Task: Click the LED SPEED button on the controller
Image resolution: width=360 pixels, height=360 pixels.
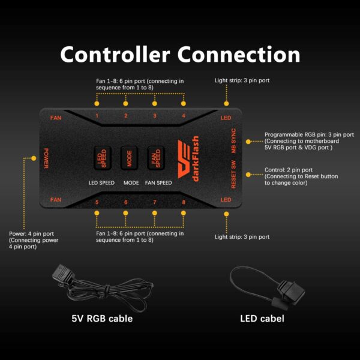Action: tap(103, 158)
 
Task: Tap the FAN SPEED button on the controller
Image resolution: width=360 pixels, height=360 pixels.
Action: tap(156, 158)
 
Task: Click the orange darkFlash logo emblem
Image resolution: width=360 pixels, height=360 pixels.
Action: tap(184, 159)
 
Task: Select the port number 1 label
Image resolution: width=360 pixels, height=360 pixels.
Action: tap(97, 116)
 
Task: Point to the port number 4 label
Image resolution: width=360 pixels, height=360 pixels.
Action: tap(184, 116)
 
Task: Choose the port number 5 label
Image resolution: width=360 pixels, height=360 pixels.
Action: tap(97, 202)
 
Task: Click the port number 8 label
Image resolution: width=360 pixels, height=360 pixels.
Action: tap(184, 202)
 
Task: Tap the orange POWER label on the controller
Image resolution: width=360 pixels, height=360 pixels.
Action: tap(46, 158)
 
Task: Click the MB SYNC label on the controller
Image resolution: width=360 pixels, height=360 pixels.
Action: tap(233, 141)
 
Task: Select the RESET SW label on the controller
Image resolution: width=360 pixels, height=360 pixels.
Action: tap(233, 174)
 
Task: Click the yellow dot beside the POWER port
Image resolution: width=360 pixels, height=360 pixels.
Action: tap(34, 158)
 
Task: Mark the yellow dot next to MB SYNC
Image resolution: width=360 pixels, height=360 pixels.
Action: tap(248, 142)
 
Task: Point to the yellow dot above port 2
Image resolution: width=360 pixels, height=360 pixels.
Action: tap(125, 104)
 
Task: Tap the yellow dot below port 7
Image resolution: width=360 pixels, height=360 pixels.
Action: tap(155, 213)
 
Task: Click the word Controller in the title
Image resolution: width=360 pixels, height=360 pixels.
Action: tap(115, 55)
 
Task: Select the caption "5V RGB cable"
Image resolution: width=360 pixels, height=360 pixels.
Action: tap(102, 319)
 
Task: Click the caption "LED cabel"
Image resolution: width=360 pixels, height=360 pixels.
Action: tap(262, 319)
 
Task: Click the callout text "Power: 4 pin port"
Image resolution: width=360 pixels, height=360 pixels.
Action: tap(31, 234)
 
